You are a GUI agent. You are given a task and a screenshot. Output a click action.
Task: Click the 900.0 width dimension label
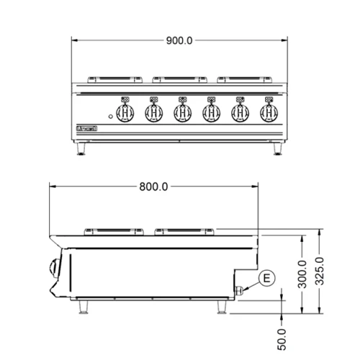(180, 41)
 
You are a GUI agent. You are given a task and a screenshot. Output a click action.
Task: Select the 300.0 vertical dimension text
(302, 274)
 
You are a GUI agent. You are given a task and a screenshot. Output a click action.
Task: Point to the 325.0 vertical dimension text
(322, 271)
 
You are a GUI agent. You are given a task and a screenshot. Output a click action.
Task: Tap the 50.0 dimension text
(282, 337)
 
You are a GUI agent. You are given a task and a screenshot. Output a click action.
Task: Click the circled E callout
(266, 278)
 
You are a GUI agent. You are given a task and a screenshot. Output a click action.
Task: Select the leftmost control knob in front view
(125, 112)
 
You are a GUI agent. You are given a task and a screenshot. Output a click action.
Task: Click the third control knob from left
(183, 112)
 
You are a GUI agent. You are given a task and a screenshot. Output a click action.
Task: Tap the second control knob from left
(153, 112)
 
